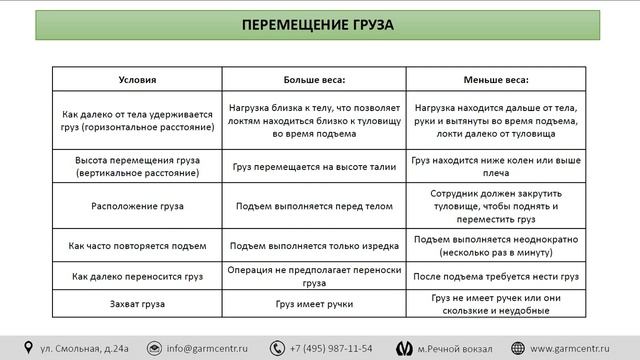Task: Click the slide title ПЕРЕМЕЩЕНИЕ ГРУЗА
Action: [x=319, y=23]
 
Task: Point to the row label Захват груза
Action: [x=138, y=303]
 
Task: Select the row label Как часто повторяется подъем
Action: [x=138, y=245]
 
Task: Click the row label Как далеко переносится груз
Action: [x=138, y=275]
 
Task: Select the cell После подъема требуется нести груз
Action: [x=496, y=275]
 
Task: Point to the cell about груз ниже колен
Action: [x=496, y=167]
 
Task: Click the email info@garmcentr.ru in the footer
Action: [x=210, y=348]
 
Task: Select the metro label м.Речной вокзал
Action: [x=456, y=348]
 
